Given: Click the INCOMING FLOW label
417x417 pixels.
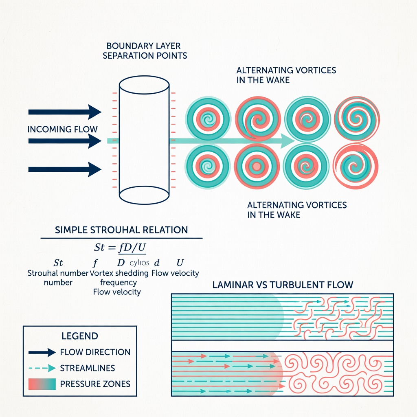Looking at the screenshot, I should [x=62, y=129].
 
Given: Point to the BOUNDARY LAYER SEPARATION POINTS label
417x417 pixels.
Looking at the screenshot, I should [x=145, y=50].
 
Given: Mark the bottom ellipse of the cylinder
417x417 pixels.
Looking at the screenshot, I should [x=144, y=195].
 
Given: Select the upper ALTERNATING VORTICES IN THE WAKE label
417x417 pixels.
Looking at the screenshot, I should [x=286, y=75].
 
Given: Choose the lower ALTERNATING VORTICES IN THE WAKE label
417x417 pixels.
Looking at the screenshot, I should [x=297, y=209].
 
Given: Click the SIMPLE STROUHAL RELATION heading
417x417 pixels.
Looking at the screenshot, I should [x=121, y=230].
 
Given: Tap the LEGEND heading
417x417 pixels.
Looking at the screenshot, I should [x=80, y=336].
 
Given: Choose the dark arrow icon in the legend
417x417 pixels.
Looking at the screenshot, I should [x=42, y=352].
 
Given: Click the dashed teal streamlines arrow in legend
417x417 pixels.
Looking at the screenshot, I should [x=42, y=368].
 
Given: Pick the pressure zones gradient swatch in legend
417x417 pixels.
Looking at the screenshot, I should [x=42, y=384].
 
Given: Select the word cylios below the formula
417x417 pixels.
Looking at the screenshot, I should [x=140, y=262].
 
